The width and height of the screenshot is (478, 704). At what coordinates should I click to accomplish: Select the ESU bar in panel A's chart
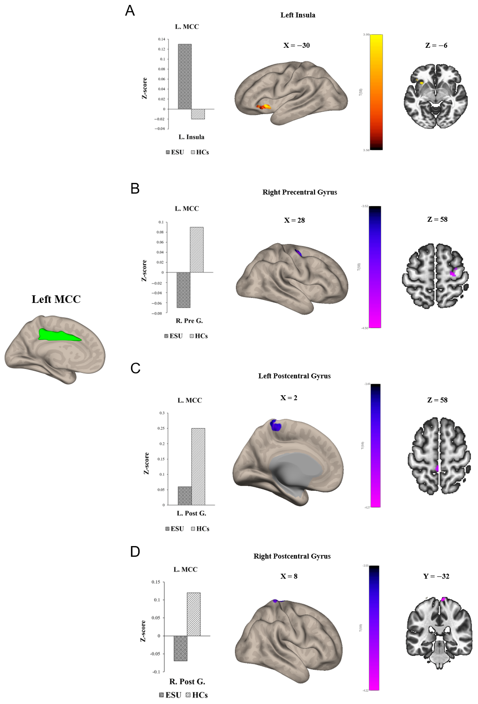click(x=185, y=76)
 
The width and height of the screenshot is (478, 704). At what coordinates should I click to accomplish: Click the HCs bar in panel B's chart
click(x=197, y=250)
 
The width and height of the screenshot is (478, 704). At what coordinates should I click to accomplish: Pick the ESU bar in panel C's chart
click(x=185, y=496)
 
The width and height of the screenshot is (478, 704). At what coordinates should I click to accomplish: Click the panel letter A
click(x=130, y=11)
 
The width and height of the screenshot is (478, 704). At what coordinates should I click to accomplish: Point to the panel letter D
click(x=135, y=552)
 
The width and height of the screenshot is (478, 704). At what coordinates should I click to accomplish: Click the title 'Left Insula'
click(x=297, y=15)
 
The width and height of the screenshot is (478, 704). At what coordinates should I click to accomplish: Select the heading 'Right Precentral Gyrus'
click(x=300, y=192)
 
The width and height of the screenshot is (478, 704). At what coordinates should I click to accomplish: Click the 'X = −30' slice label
click(x=297, y=46)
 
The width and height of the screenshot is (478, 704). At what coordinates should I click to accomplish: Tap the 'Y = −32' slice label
click(x=436, y=576)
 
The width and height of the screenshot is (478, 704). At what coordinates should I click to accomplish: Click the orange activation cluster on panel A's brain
click(x=264, y=107)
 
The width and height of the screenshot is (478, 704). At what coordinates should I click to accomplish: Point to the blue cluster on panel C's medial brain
click(x=276, y=425)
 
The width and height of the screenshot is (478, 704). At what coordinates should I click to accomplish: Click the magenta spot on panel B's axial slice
click(x=454, y=272)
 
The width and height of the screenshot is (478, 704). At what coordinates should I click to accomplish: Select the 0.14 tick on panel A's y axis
click(x=161, y=39)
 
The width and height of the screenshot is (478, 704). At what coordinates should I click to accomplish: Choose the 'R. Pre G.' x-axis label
click(x=189, y=321)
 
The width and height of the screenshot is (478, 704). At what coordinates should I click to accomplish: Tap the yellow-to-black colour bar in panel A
click(x=376, y=92)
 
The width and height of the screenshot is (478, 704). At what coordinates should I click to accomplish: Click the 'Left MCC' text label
click(x=56, y=299)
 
